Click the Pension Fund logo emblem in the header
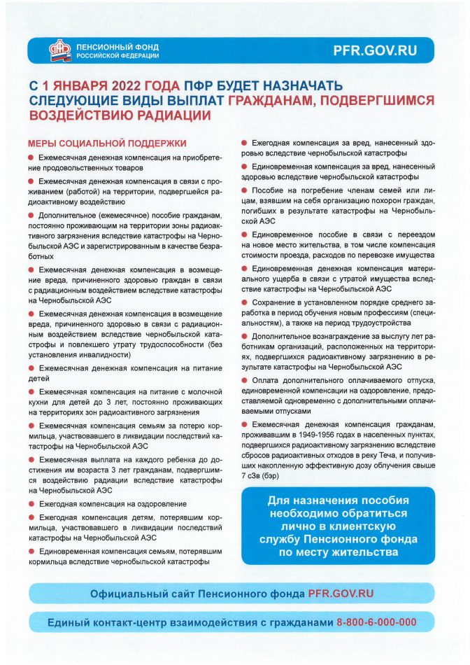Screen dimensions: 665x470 60,50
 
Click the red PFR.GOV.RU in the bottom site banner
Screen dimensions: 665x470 341,593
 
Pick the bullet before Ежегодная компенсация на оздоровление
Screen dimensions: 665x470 31,504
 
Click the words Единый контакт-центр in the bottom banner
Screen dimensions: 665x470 98,622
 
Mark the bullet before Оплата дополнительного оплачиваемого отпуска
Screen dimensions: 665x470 244,379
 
